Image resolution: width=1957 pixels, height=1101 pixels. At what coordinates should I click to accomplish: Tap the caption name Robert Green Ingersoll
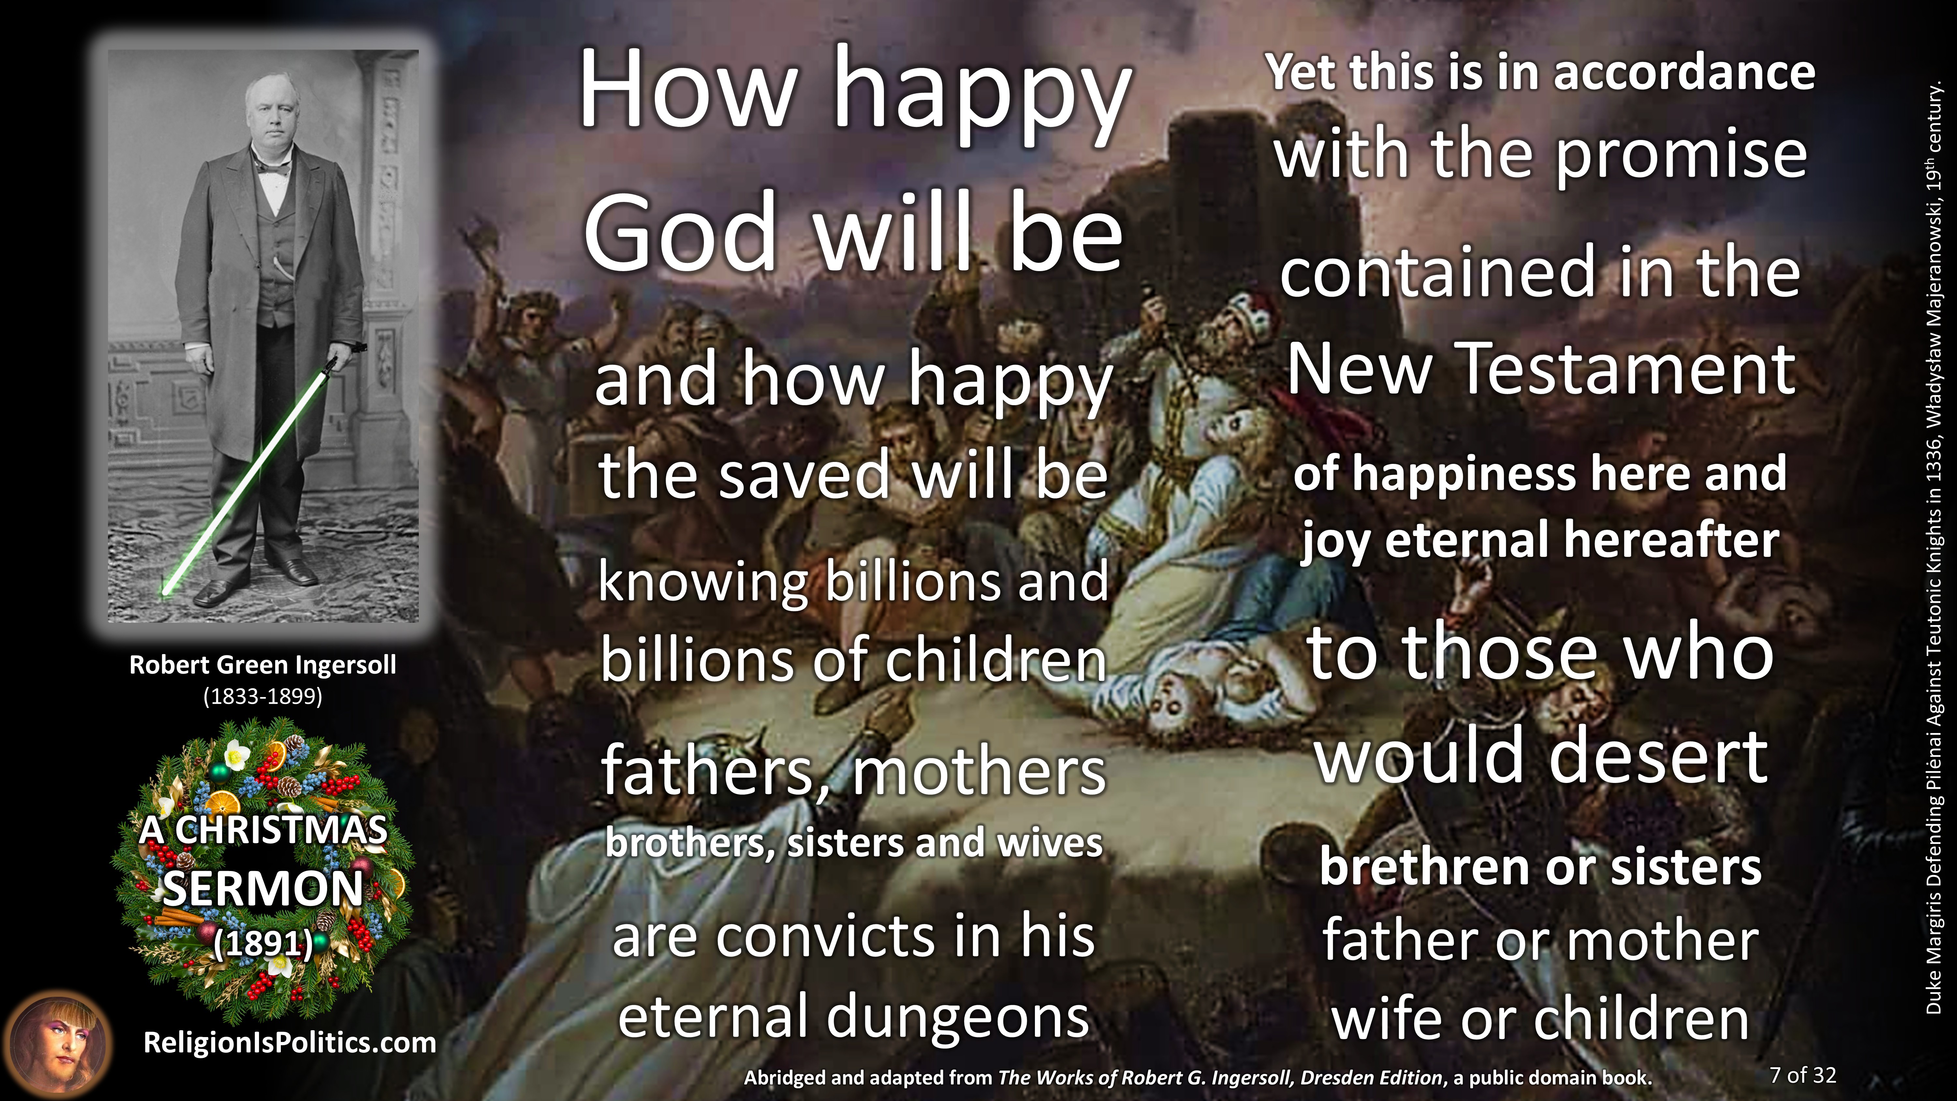click(x=263, y=665)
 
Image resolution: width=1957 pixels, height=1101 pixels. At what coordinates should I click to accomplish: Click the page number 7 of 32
click(x=1803, y=1075)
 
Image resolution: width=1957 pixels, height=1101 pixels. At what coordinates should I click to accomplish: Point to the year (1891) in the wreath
click(x=263, y=944)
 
